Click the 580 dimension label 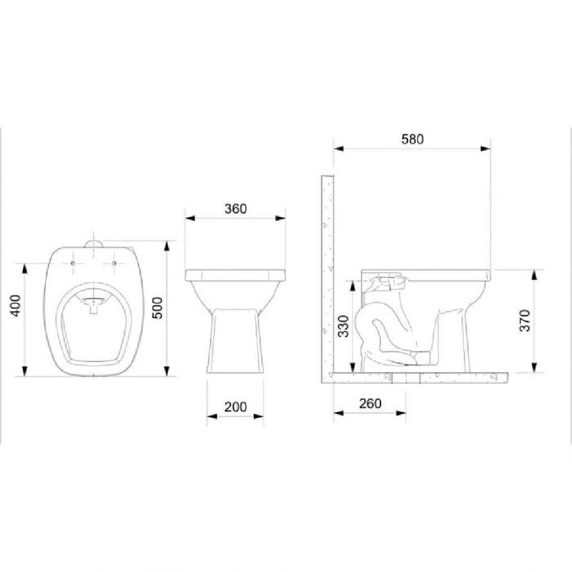412,139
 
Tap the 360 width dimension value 236,209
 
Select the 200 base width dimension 236,407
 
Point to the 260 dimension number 370,403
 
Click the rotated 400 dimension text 15,305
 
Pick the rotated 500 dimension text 157,308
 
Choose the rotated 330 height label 344,326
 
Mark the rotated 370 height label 525,320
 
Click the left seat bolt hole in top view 73,263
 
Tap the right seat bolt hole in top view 114,263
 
